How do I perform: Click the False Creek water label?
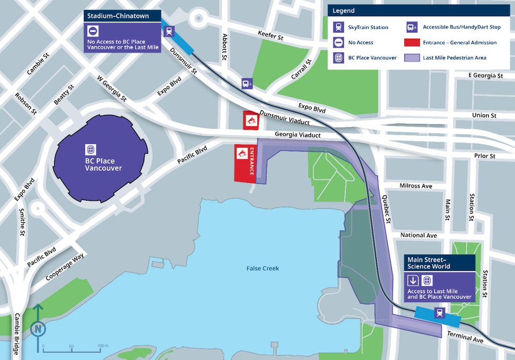tap(263, 268)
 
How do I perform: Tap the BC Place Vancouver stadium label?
tap(103, 165)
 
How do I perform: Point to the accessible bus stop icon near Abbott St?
tap(247, 83)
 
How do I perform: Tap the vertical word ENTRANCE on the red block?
tap(252, 162)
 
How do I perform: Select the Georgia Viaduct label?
tap(298, 135)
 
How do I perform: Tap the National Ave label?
tap(419, 235)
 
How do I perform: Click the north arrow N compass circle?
tap(38, 329)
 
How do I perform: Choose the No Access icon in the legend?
tap(338, 42)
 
